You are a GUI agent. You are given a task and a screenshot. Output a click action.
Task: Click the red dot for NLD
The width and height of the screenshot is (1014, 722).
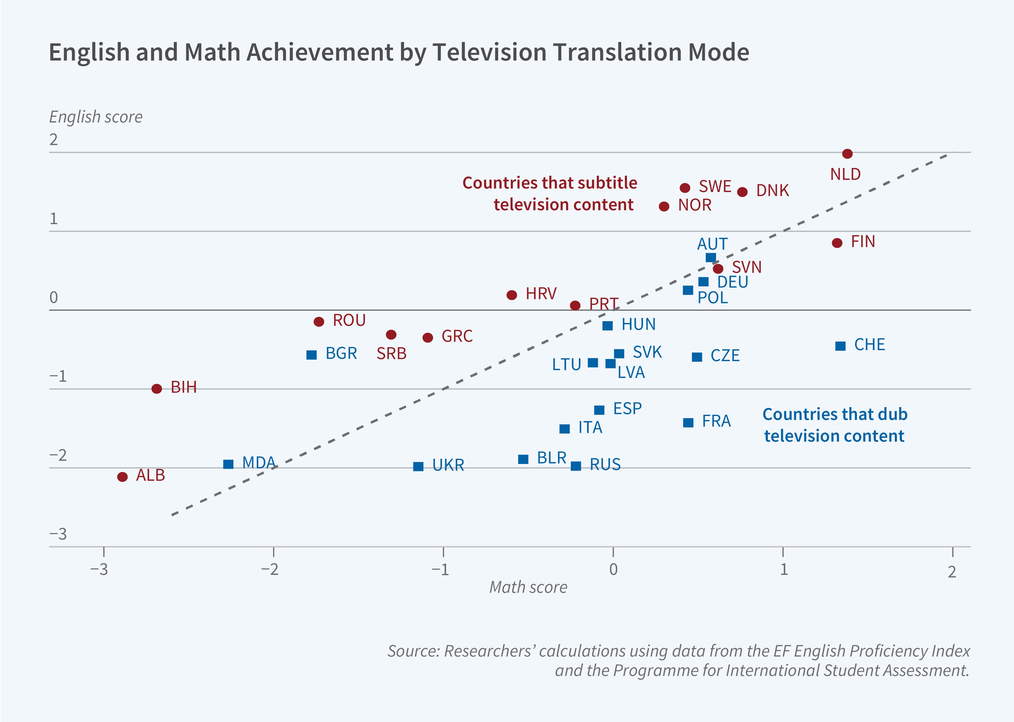pyautogui.click(x=847, y=154)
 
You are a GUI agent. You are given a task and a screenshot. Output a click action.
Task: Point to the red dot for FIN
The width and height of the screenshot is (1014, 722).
pyautogui.click(x=837, y=243)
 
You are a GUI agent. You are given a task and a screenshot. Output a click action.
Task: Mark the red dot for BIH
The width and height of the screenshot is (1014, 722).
pyautogui.click(x=156, y=389)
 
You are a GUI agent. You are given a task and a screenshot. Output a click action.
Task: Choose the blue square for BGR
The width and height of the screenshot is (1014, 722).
pyautogui.click(x=312, y=355)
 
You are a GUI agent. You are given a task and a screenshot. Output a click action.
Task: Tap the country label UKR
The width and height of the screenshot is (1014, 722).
pyautogui.click(x=448, y=465)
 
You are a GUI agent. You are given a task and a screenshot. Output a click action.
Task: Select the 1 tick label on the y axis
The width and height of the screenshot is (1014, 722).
pyautogui.click(x=54, y=219)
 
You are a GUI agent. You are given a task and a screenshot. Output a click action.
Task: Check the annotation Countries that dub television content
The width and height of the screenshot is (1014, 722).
pyautogui.click(x=834, y=425)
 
